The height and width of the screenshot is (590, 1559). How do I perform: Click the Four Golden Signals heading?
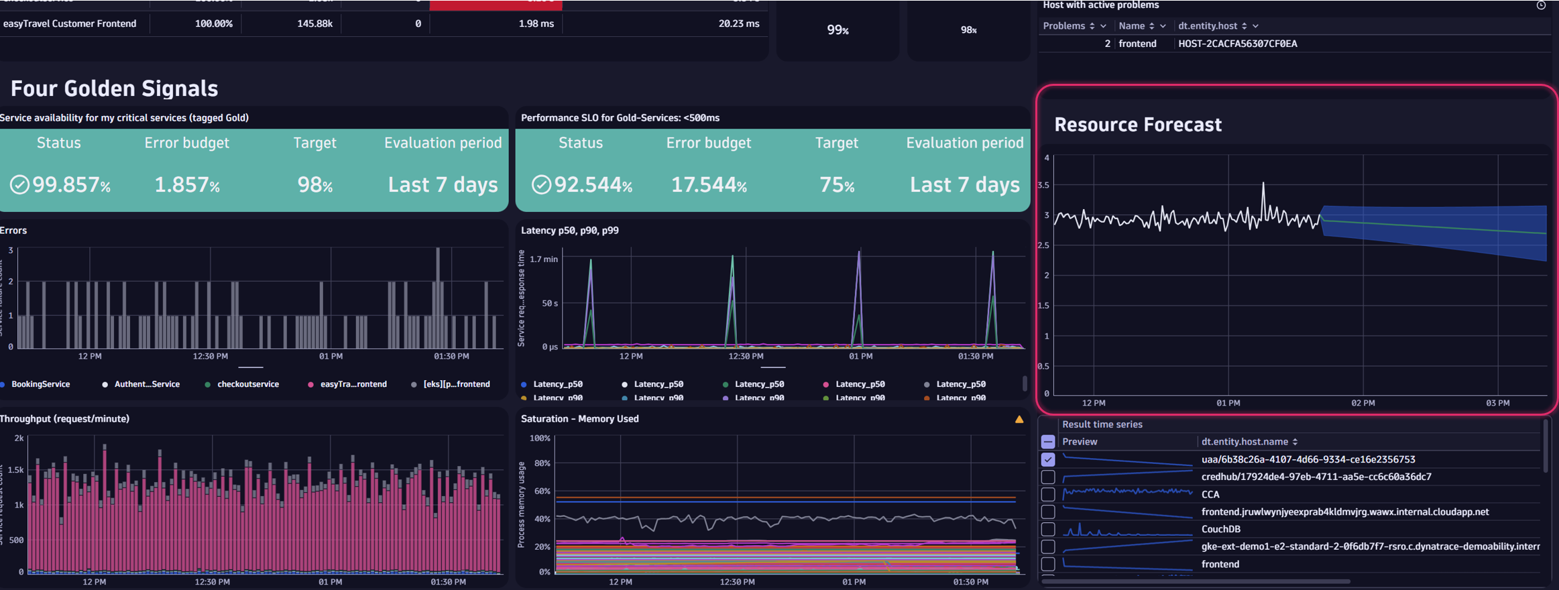coord(114,88)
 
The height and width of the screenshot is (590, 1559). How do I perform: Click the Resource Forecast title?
coord(1138,125)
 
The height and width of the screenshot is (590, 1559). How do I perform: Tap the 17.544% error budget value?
coord(709,185)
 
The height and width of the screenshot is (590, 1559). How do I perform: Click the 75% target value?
coord(837,185)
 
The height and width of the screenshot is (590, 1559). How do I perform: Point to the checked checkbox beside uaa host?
coord(1048,460)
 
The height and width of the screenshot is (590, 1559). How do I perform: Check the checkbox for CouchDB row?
coord(1048,530)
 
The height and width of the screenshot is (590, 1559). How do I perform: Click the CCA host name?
coord(1210,495)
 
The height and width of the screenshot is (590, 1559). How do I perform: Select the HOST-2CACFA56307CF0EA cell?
coord(1237,44)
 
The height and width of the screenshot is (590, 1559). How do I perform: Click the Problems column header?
coord(1064,25)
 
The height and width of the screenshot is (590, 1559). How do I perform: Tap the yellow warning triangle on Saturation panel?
coord(1019,420)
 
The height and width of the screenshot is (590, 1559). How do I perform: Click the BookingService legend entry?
coord(40,384)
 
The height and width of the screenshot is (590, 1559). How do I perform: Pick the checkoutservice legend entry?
coord(247,384)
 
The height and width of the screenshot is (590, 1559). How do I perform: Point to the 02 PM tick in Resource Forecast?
coord(1363,403)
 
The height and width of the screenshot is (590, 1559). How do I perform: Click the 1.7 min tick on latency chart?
coord(543,259)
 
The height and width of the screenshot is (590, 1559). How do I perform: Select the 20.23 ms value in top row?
coord(739,23)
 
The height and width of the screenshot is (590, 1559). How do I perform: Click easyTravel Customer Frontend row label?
coord(70,23)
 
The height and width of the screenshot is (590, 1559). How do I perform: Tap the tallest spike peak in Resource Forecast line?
coord(1263,183)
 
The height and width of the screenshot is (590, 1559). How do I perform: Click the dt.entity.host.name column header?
coord(1245,442)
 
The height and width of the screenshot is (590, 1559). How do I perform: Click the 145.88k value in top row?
coord(314,23)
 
